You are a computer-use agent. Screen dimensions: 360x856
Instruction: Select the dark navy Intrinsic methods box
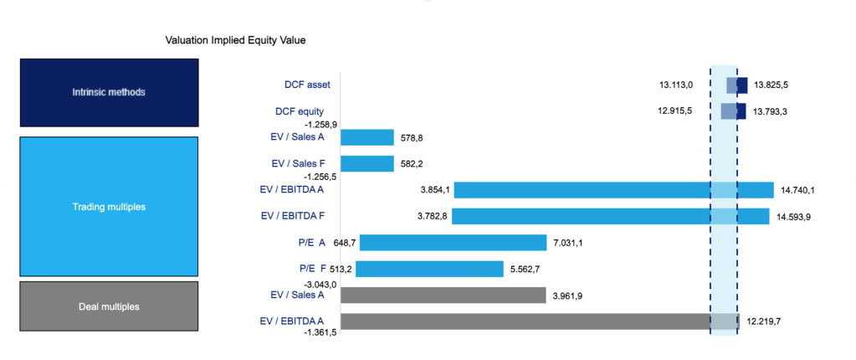pos(109,92)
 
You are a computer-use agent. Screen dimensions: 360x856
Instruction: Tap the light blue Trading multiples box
pos(109,206)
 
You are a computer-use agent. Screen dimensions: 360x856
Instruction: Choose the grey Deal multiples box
pos(109,306)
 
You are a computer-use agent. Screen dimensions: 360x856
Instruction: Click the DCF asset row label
pos(307,85)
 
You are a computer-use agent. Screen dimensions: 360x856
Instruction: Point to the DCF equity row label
pos(300,111)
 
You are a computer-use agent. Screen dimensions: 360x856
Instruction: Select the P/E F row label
pos(312,269)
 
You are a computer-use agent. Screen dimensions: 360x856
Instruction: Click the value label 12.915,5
pos(675,112)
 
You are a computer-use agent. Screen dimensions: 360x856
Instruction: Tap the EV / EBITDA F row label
pos(293,216)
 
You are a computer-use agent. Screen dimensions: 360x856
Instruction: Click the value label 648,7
pos(345,243)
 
